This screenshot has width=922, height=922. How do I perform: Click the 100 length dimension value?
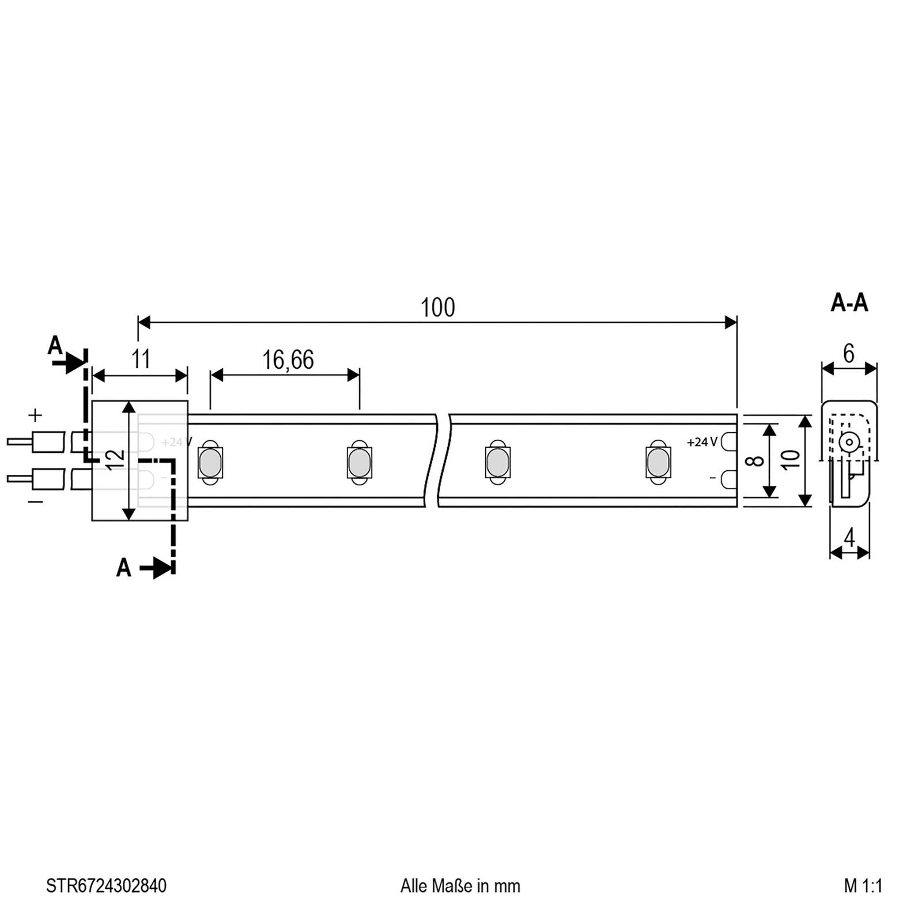(x=437, y=308)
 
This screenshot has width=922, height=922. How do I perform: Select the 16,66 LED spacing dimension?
(x=288, y=360)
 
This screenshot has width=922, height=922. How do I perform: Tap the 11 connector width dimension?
(x=141, y=359)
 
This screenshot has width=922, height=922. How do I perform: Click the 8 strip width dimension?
(x=758, y=460)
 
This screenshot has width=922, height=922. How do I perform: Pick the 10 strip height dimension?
(x=791, y=459)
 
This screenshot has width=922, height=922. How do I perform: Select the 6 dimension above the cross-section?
(x=848, y=353)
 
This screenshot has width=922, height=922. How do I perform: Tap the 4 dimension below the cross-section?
(x=849, y=538)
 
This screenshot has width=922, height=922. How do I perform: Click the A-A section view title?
(x=849, y=303)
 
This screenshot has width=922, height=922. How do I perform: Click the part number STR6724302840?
(x=106, y=886)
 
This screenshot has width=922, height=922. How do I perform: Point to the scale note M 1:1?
(x=863, y=886)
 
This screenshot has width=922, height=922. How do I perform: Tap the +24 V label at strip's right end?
(x=701, y=442)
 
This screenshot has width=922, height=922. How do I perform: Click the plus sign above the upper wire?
(x=36, y=414)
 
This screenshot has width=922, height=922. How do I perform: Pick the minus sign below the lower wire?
(x=35, y=502)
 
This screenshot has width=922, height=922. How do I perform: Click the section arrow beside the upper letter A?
(x=68, y=363)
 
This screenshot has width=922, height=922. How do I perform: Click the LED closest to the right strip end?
(x=658, y=463)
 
